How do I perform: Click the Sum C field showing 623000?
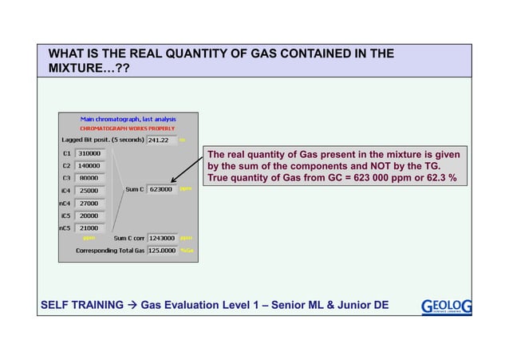tap(162, 190)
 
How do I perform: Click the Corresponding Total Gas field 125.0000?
tap(162, 250)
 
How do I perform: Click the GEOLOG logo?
tap(445, 305)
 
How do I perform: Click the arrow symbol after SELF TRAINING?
tap(135, 305)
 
